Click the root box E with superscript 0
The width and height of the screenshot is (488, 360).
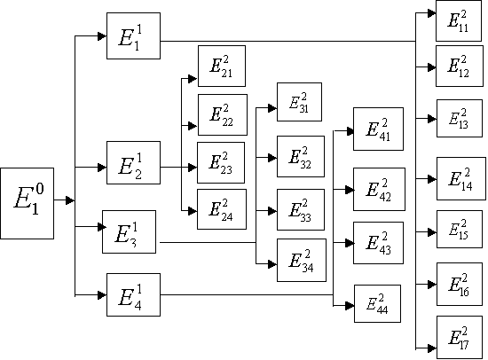(x=28, y=203)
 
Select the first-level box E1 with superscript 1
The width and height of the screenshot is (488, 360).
(x=133, y=35)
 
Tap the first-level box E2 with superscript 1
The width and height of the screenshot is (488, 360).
(x=133, y=163)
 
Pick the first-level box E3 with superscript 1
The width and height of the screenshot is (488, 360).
(x=130, y=231)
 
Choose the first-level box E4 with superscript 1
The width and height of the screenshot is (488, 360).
(x=133, y=294)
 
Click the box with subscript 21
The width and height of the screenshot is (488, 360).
(x=222, y=66)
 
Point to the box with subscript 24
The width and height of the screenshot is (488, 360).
(x=222, y=209)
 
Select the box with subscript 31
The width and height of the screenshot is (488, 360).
(x=299, y=102)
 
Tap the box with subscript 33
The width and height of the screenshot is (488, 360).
(x=301, y=210)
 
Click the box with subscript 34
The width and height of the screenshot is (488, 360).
(x=302, y=260)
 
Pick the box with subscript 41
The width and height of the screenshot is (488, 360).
(x=379, y=129)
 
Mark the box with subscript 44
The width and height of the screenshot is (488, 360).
(x=377, y=303)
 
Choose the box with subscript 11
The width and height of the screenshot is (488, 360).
(x=459, y=21)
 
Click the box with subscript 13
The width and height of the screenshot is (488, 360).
(x=460, y=118)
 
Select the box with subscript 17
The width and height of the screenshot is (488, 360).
(x=460, y=337)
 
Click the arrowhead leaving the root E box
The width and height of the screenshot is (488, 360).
(x=70, y=200)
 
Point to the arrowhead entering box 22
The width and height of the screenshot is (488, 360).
(x=193, y=126)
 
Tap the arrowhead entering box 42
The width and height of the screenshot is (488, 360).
(x=350, y=190)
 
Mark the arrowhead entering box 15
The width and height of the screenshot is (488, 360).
(x=432, y=232)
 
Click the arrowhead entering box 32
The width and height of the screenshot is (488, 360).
(x=272, y=158)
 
